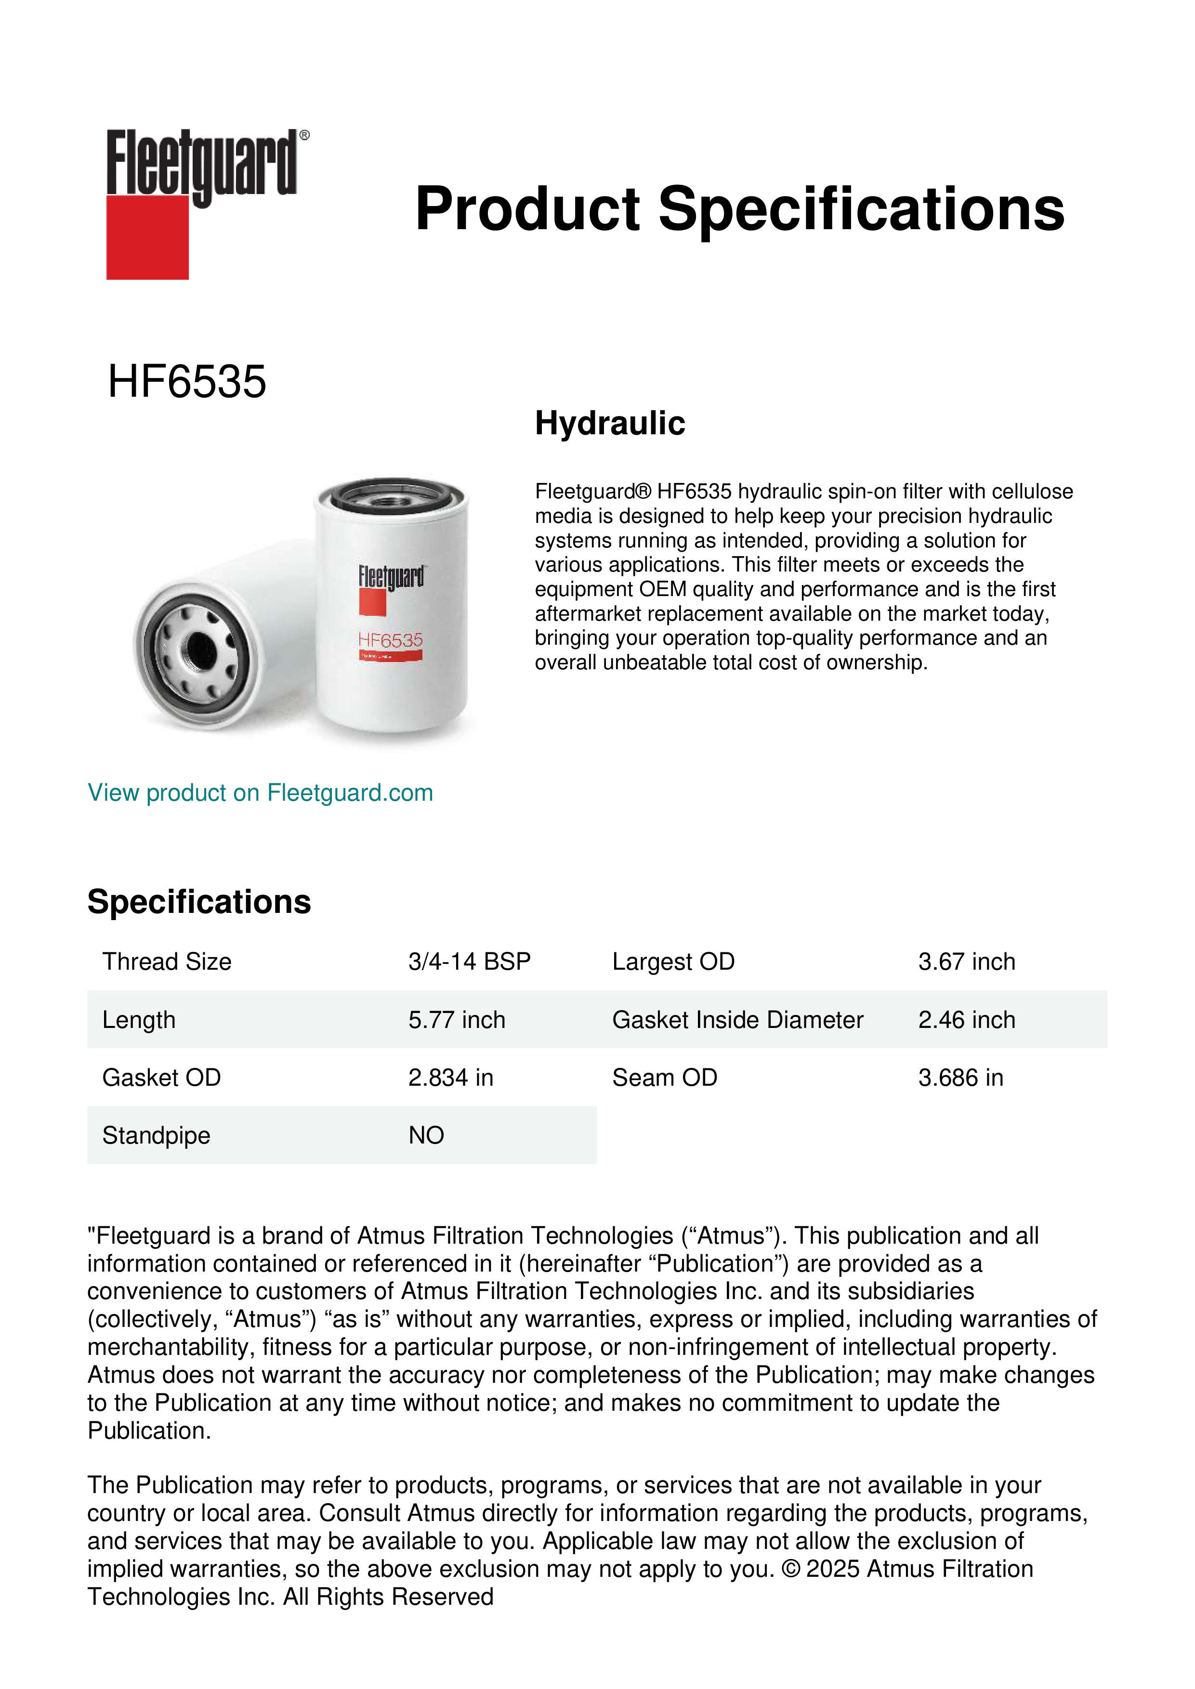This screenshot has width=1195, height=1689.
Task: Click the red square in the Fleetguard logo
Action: (147, 237)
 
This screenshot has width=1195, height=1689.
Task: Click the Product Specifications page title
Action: (739, 209)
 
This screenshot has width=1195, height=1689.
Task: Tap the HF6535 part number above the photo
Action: (187, 382)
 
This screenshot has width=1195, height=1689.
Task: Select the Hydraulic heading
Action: (610, 424)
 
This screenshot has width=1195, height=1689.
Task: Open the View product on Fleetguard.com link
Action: (261, 793)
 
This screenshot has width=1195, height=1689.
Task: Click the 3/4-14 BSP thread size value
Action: (470, 961)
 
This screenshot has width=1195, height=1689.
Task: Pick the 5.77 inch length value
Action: (457, 1020)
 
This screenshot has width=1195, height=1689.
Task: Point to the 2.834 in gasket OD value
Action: (451, 1078)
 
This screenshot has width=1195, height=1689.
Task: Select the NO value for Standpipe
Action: (426, 1135)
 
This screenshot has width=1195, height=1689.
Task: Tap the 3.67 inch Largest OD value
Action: (966, 961)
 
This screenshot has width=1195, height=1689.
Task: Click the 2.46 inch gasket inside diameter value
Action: (966, 1020)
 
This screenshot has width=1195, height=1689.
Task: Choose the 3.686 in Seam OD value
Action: (960, 1078)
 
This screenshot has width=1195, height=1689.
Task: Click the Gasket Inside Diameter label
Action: (737, 1020)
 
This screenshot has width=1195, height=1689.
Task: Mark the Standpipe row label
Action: (156, 1135)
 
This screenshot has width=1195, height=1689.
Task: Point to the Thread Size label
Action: (167, 961)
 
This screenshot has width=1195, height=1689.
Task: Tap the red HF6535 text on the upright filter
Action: (390, 640)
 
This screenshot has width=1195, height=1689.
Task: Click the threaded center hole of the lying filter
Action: (201, 650)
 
